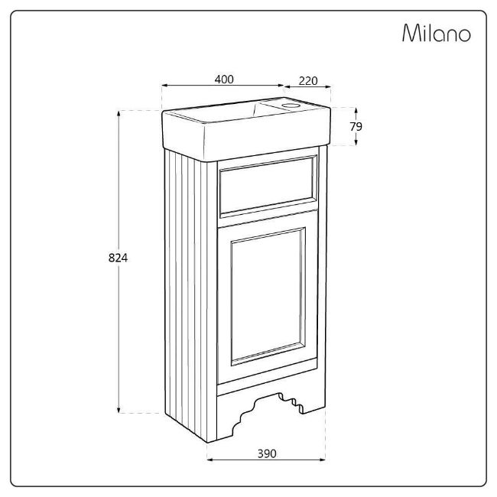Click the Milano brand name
click(437, 33)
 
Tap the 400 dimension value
click(224, 80)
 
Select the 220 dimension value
click(308, 81)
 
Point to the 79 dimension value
click(356, 126)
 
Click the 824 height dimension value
click(118, 258)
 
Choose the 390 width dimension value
click(267, 453)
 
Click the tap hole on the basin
click(291, 106)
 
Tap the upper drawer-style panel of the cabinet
click(268, 186)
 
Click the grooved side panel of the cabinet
click(191, 295)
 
